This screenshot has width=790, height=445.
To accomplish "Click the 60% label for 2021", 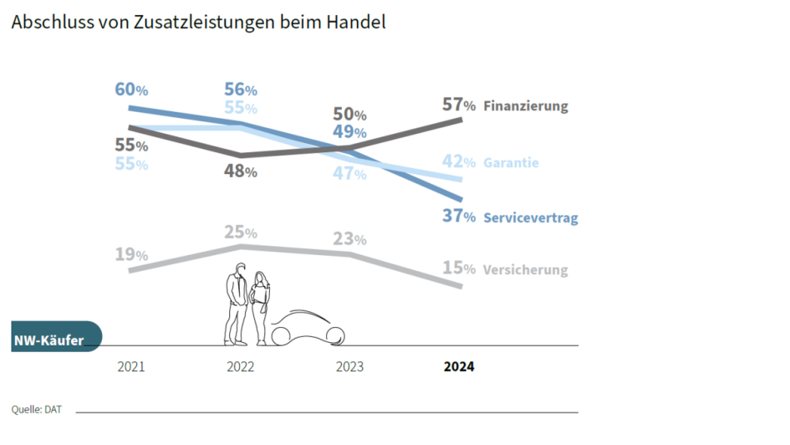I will [131, 89].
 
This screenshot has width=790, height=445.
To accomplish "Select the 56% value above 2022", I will [240, 90].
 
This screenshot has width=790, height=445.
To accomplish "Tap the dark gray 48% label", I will [240, 171].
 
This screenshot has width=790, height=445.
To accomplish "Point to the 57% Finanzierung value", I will [458, 105].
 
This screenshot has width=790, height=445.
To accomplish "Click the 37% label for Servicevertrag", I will [458, 217].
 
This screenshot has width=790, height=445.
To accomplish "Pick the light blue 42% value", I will [458, 162].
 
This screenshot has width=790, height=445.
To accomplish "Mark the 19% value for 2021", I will [131, 254].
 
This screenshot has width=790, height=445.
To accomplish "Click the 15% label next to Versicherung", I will [458, 269].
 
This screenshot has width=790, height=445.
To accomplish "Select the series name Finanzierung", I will [525, 106].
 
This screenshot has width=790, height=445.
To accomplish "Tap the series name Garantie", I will [511, 163].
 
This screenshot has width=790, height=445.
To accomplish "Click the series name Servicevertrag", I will [531, 217].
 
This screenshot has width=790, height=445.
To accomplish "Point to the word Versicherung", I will [525, 270].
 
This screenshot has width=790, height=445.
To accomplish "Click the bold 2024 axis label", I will [458, 367].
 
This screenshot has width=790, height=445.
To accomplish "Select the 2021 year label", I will [131, 367].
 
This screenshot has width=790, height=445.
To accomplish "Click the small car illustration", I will [307, 328].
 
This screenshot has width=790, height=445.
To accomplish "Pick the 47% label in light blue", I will [349, 174].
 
